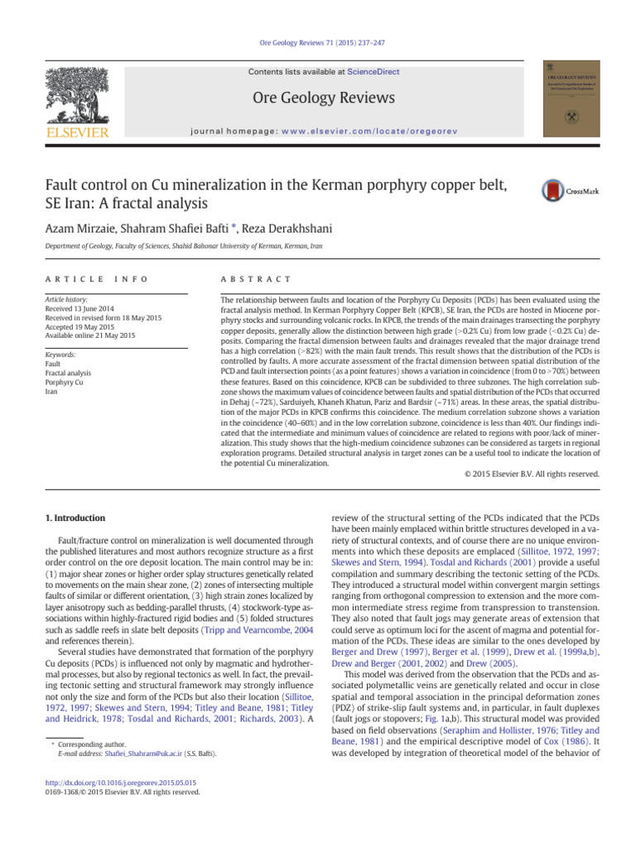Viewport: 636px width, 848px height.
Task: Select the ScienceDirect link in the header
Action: click(373, 72)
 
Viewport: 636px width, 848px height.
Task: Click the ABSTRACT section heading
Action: click(253, 279)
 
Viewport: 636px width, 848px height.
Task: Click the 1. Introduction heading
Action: click(74, 518)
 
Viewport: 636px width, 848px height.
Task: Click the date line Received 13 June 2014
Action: click(84, 306)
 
